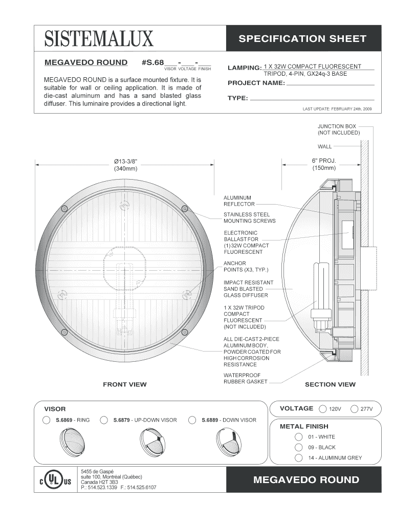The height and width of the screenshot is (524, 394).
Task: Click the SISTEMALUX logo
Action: tap(99, 38)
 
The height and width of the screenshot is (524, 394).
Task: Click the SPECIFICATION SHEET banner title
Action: tap(302, 38)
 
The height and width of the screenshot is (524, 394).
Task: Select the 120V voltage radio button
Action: tap(323, 409)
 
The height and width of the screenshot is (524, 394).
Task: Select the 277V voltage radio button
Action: tap(354, 409)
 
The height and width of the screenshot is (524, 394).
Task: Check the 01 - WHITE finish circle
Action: tap(298, 437)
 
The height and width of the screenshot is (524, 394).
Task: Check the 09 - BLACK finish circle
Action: tap(298, 447)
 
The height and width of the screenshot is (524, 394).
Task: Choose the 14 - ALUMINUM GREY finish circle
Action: tap(298, 458)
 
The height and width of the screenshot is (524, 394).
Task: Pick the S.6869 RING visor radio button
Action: tap(47, 420)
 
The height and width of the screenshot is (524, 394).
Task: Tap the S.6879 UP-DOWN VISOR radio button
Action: tap(104, 420)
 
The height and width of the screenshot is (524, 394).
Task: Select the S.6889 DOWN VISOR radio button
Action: tap(192, 420)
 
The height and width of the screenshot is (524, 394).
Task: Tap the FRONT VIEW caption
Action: tap(125, 384)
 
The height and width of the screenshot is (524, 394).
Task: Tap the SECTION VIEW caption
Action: tap(330, 384)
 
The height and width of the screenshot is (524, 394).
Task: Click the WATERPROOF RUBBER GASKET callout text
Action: tap(245, 378)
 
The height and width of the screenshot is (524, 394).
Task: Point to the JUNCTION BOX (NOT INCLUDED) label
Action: tap(339, 129)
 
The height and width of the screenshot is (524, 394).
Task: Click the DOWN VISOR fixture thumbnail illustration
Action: tap(228, 442)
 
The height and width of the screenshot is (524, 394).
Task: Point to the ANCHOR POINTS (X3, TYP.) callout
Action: tap(246, 266)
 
